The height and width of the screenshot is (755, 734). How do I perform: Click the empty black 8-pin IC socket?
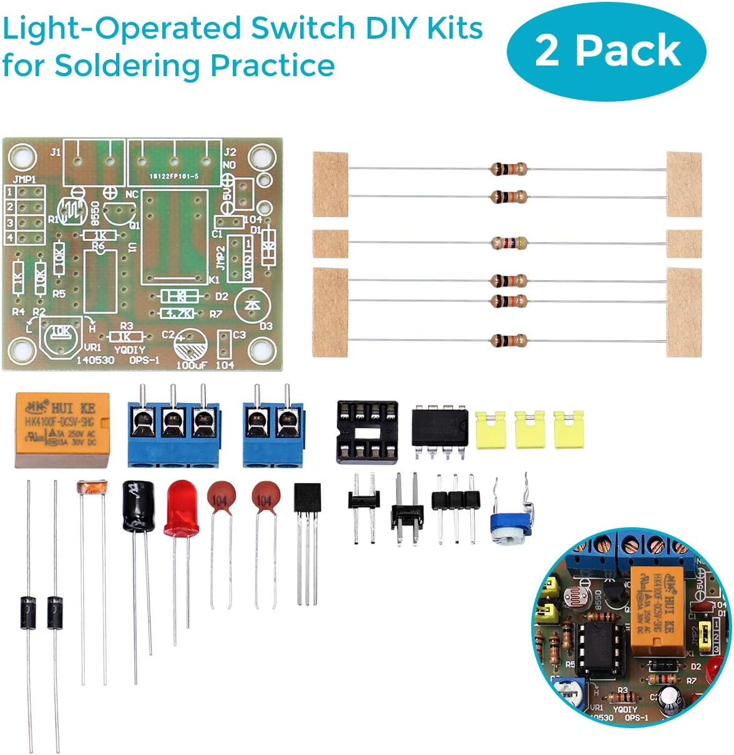367,432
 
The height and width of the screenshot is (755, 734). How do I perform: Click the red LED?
182,510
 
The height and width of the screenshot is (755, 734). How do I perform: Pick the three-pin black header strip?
456,499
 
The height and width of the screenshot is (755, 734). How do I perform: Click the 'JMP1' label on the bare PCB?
24,179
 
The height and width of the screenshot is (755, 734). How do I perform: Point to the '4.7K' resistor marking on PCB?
179,313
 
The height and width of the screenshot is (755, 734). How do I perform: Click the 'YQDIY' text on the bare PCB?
129,350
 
